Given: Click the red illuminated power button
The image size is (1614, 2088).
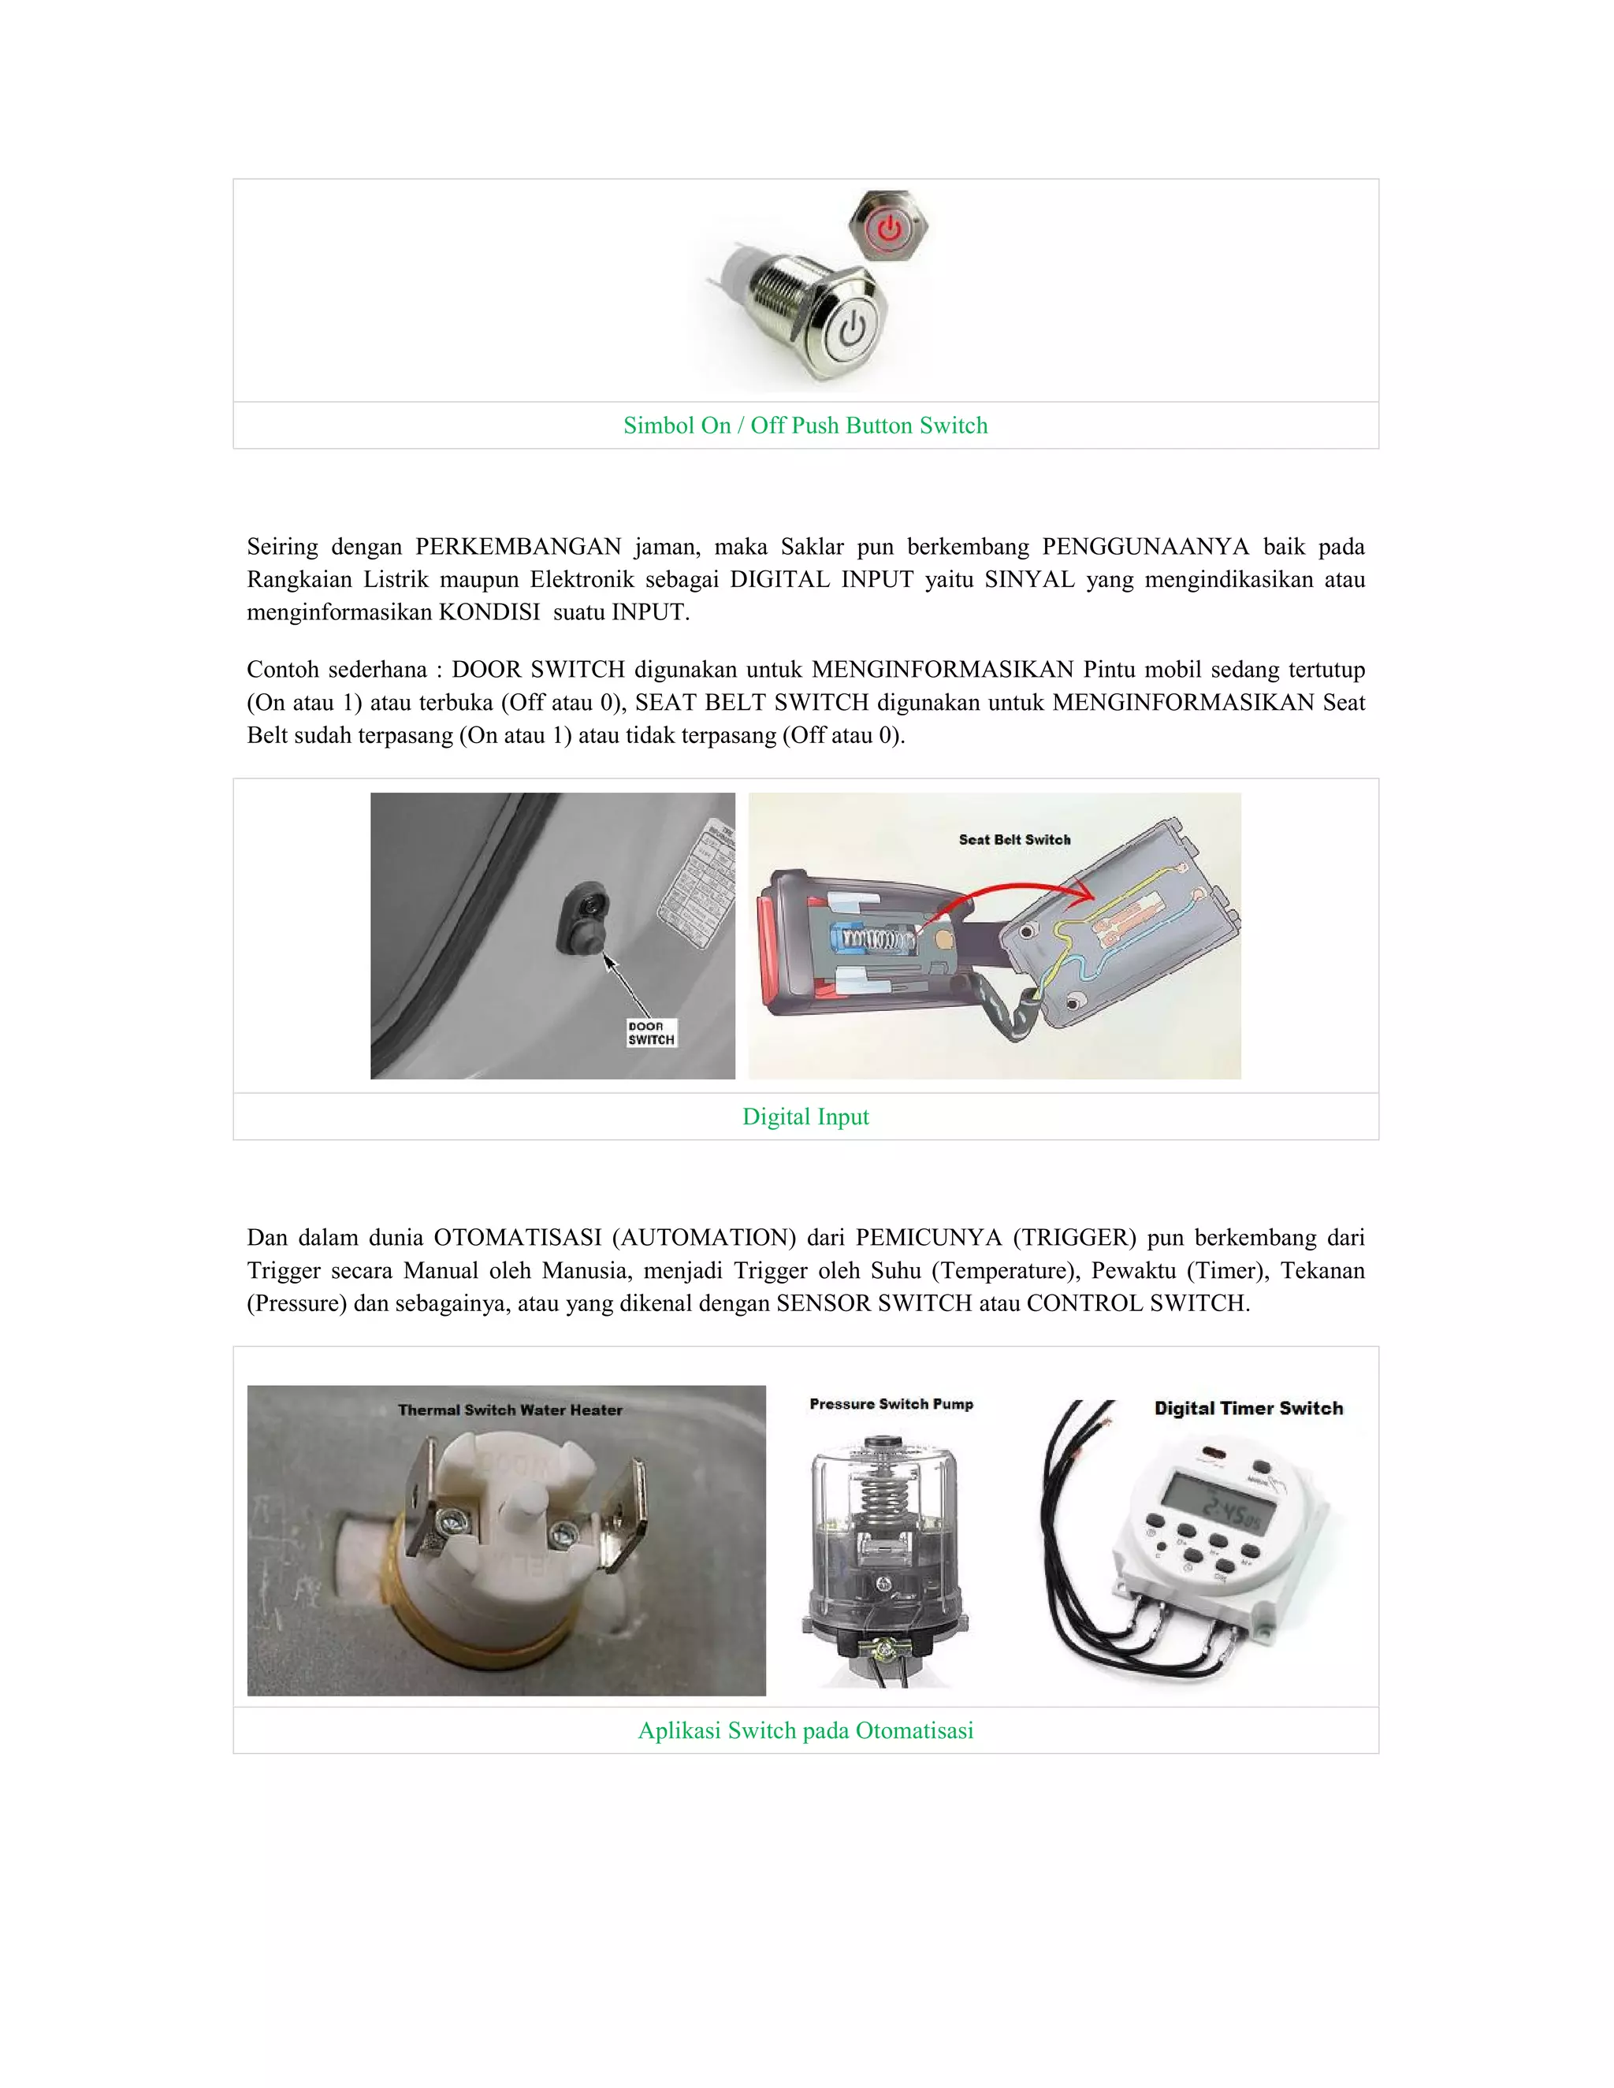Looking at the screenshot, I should [889, 228].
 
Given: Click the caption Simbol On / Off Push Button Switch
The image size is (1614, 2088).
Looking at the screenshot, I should [805, 425].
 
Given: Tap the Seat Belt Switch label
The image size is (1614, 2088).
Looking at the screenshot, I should [1014, 839].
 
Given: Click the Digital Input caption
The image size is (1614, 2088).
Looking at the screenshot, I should [805, 1116].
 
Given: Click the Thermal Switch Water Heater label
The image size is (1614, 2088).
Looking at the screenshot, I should [510, 1410].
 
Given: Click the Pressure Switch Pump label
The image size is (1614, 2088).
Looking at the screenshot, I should [891, 1403].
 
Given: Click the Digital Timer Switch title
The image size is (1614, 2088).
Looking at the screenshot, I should [1248, 1408].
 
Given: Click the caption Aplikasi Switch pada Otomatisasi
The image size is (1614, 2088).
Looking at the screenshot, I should [805, 1730].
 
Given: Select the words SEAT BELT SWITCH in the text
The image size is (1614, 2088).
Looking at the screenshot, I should [752, 703].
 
